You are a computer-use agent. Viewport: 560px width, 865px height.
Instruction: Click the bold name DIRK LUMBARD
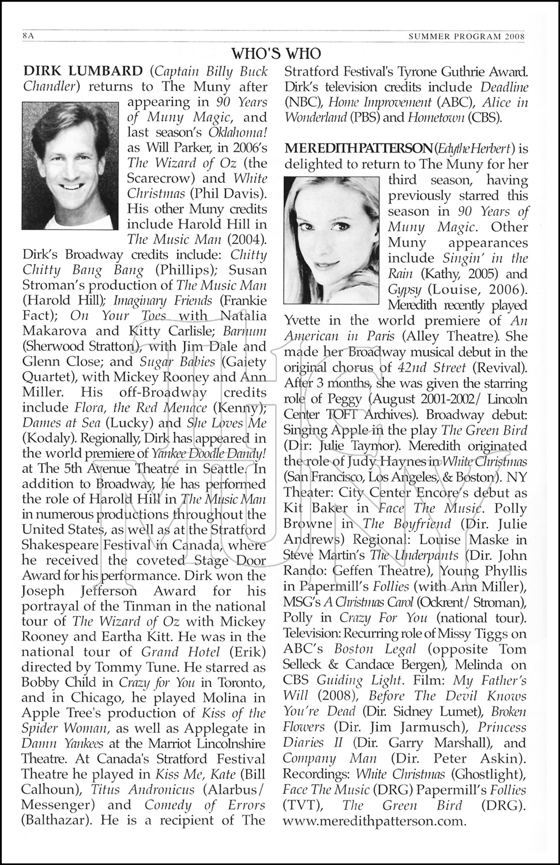(82, 71)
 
